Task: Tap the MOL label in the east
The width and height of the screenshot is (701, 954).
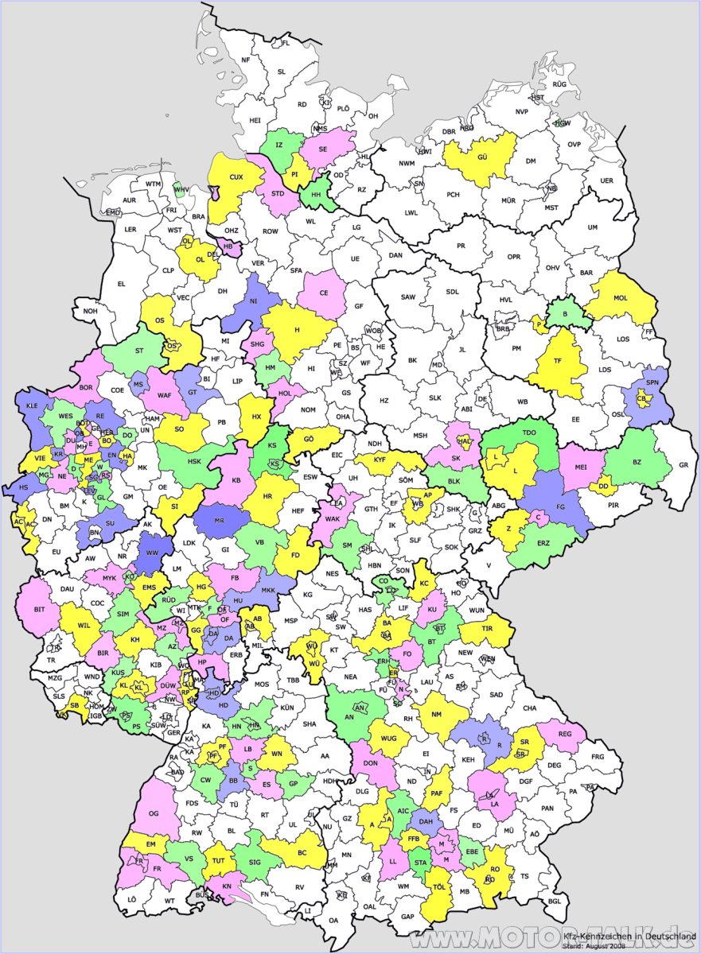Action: point(621,300)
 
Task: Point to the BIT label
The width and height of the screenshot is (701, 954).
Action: point(39,610)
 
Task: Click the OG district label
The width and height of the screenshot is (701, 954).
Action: point(154,812)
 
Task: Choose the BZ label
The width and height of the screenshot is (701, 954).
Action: point(637,462)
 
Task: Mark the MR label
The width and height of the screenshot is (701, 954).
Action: point(220,520)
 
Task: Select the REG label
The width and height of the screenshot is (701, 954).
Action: point(567,734)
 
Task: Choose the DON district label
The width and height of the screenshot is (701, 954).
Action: point(370,763)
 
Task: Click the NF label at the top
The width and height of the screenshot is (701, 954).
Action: point(246,60)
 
